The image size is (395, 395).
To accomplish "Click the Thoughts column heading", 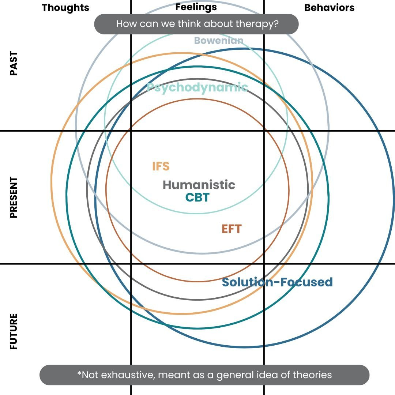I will (65, 8).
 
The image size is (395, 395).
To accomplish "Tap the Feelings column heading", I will (196, 7).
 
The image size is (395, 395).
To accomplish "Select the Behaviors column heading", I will (329, 8).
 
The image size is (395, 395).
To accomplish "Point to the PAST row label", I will (14, 64).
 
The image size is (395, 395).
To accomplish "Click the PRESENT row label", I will (14, 197).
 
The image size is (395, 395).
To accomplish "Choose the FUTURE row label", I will (14, 331).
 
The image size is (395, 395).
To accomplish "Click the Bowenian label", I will (219, 40).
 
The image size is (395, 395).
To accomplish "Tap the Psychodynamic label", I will (197, 87).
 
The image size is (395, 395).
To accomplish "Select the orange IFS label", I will (161, 166).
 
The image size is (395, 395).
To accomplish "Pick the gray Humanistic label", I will (199, 185).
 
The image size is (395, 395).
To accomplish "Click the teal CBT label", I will (197, 197).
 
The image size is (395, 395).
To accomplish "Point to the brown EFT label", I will (232, 229).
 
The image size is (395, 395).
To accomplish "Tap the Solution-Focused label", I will (277, 282).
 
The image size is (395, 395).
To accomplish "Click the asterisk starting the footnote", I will (79, 373).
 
